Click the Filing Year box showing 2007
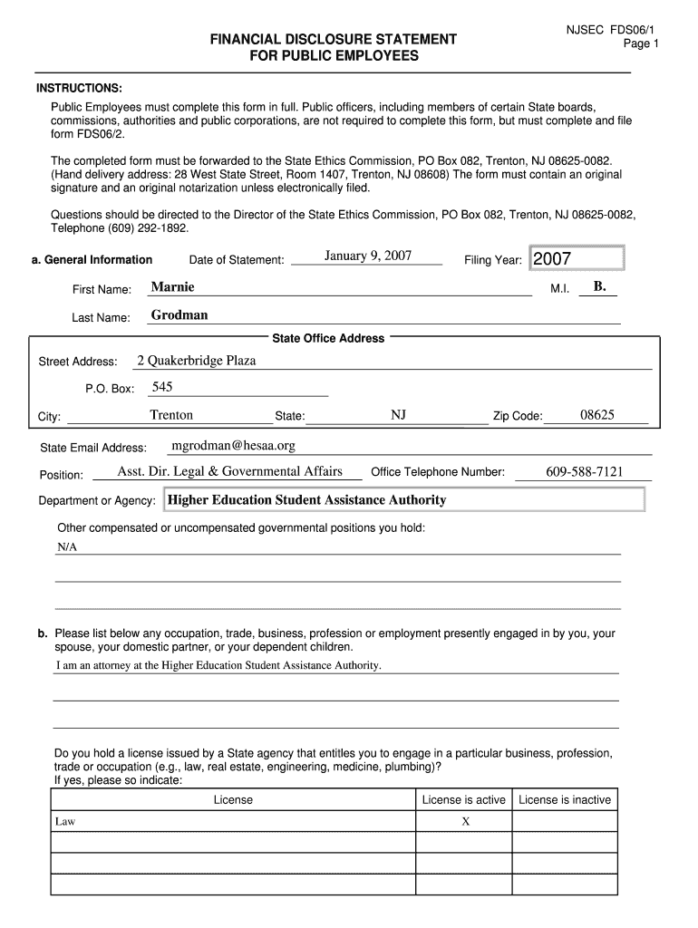[x=577, y=259]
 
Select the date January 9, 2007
[x=367, y=256]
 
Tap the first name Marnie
[x=172, y=287]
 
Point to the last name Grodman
[x=179, y=315]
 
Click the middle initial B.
[x=599, y=286]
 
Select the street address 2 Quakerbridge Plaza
[x=197, y=361]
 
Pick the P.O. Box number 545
[x=162, y=387]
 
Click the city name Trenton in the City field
[x=171, y=415]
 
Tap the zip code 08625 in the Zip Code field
[x=597, y=415]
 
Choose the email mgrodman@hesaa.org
[x=234, y=446]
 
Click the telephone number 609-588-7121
[x=584, y=472]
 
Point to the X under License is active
[x=465, y=822]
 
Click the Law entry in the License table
[x=65, y=822]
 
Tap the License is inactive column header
[x=565, y=799]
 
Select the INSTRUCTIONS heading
[x=79, y=88]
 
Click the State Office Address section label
[x=328, y=338]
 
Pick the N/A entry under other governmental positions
[x=67, y=548]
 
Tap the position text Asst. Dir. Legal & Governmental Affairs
[x=230, y=471]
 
